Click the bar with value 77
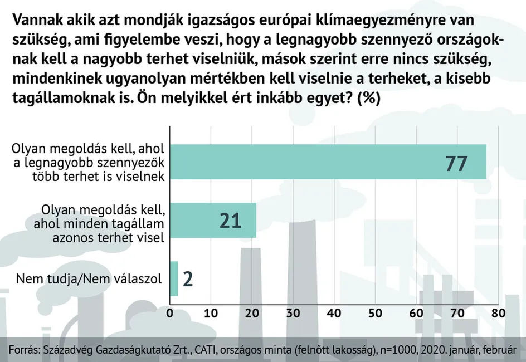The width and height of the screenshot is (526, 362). coord(328,162)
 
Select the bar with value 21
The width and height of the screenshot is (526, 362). coord(213,220)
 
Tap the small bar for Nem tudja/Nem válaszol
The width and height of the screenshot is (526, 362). coord(174,278)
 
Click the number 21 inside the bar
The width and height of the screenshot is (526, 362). coord(230,221)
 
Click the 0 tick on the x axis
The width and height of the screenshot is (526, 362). coord(170,313)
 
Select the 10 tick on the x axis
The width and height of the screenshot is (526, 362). coord(211,313)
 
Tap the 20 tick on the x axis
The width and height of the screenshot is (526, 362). coord(252,313)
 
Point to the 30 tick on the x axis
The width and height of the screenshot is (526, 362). coord(293,313)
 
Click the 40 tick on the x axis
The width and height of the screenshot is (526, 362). coord(334,313)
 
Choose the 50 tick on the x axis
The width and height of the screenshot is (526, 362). coord(375,313)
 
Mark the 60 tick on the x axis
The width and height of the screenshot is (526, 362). coord(416,313)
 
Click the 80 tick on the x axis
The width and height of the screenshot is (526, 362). coord(498,313)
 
